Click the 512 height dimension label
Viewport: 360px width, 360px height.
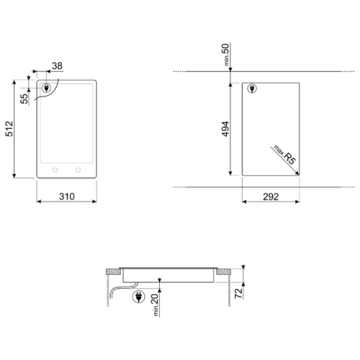9,129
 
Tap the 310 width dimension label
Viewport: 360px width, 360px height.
67,197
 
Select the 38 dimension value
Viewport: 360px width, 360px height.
57,66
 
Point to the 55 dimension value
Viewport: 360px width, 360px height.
24,99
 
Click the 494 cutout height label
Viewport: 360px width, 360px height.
225,129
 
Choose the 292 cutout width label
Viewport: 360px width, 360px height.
271,197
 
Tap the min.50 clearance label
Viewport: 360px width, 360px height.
226,55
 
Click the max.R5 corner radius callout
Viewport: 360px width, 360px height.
284,155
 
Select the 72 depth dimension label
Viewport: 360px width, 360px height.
238,293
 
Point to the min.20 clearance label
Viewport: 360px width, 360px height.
155,305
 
